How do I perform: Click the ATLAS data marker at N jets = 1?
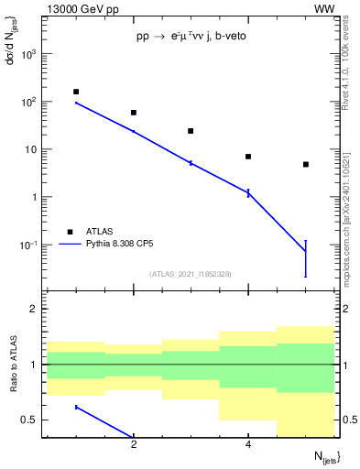[76, 92]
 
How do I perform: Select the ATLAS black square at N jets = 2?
[134, 113]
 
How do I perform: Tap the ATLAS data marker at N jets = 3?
[191, 131]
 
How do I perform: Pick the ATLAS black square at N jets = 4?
[248, 157]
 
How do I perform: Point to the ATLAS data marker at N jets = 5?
[306, 165]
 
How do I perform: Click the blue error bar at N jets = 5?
[306, 257]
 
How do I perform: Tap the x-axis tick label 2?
[134, 445]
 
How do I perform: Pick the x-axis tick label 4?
[248, 445]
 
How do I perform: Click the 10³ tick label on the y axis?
[28, 54]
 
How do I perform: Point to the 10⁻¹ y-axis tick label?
[28, 245]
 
